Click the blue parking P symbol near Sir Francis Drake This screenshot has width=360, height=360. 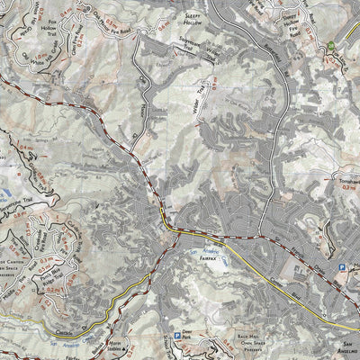coord(341,267)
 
